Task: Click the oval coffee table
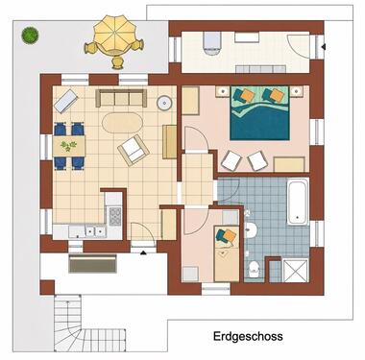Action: (x=119, y=123)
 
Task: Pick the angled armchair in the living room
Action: (x=133, y=150)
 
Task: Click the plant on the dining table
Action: (x=68, y=146)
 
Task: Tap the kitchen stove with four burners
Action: (x=114, y=215)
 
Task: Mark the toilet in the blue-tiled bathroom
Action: (x=253, y=268)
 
